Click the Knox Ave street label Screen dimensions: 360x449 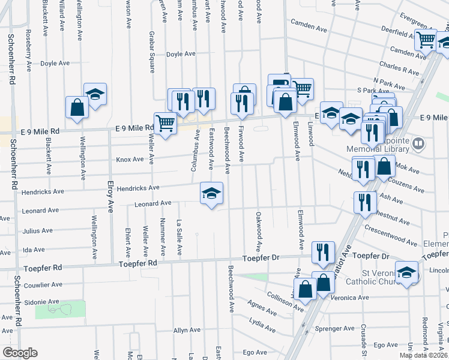[x=130, y=160]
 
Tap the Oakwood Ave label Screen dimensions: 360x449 [x=258, y=232]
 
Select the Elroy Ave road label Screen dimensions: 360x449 [x=110, y=198]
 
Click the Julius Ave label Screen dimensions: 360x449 [x=37, y=230]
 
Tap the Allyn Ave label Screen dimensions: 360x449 [x=186, y=330]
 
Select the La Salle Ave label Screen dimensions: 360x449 [x=179, y=239]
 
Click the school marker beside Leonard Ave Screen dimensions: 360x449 [x=211, y=193]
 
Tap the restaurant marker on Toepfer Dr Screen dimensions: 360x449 [x=323, y=251]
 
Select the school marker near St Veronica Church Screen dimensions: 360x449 [x=406, y=272]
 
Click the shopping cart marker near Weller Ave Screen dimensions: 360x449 [x=165, y=123]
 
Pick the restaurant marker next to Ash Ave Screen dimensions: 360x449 [x=364, y=202]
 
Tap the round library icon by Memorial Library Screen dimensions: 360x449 [x=418, y=144]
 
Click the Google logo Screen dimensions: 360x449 [x=20, y=353]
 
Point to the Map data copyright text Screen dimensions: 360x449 [x=423, y=355]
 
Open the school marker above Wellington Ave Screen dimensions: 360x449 [x=95, y=93]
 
